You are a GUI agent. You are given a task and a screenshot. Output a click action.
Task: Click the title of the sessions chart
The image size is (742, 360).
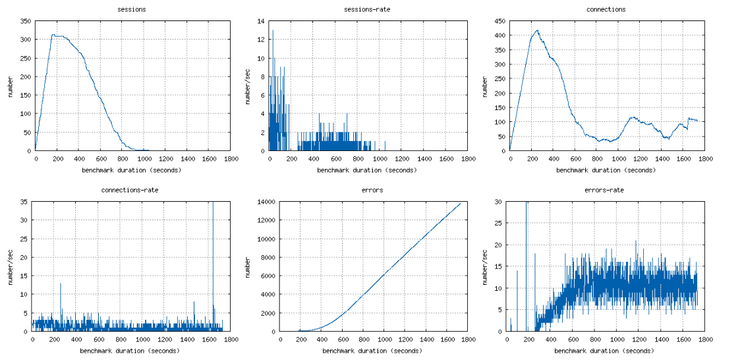click(x=132, y=10)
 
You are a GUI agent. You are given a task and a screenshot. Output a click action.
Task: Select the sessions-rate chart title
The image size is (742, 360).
click(x=368, y=10)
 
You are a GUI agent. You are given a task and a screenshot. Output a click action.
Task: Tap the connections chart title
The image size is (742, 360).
click(x=606, y=10)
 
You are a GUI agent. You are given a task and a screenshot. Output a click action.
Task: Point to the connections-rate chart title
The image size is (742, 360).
click(x=130, y=190)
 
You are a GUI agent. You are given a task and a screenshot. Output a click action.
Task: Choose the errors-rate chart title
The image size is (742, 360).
click(x=604, y=190)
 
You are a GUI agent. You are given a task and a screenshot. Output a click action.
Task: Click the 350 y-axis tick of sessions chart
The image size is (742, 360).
click(x=25, y=21)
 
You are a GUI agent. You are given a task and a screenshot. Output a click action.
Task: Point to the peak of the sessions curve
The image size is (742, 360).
click(x=53, y=35)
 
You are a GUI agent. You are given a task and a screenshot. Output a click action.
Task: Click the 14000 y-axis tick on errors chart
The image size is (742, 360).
click(x=266, y=202)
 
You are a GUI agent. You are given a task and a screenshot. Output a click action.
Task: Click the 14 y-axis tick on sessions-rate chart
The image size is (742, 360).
click(x=261, y=21)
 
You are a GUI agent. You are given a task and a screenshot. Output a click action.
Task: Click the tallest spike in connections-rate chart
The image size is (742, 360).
click(x=213, y=203)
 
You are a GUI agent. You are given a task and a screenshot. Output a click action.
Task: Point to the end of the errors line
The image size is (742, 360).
click(x=460, y=203)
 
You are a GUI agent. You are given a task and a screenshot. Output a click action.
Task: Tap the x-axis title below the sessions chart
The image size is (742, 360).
click(x=132, y=170)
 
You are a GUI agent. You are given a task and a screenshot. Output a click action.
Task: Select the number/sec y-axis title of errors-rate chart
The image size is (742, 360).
click(x=484, y=266)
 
